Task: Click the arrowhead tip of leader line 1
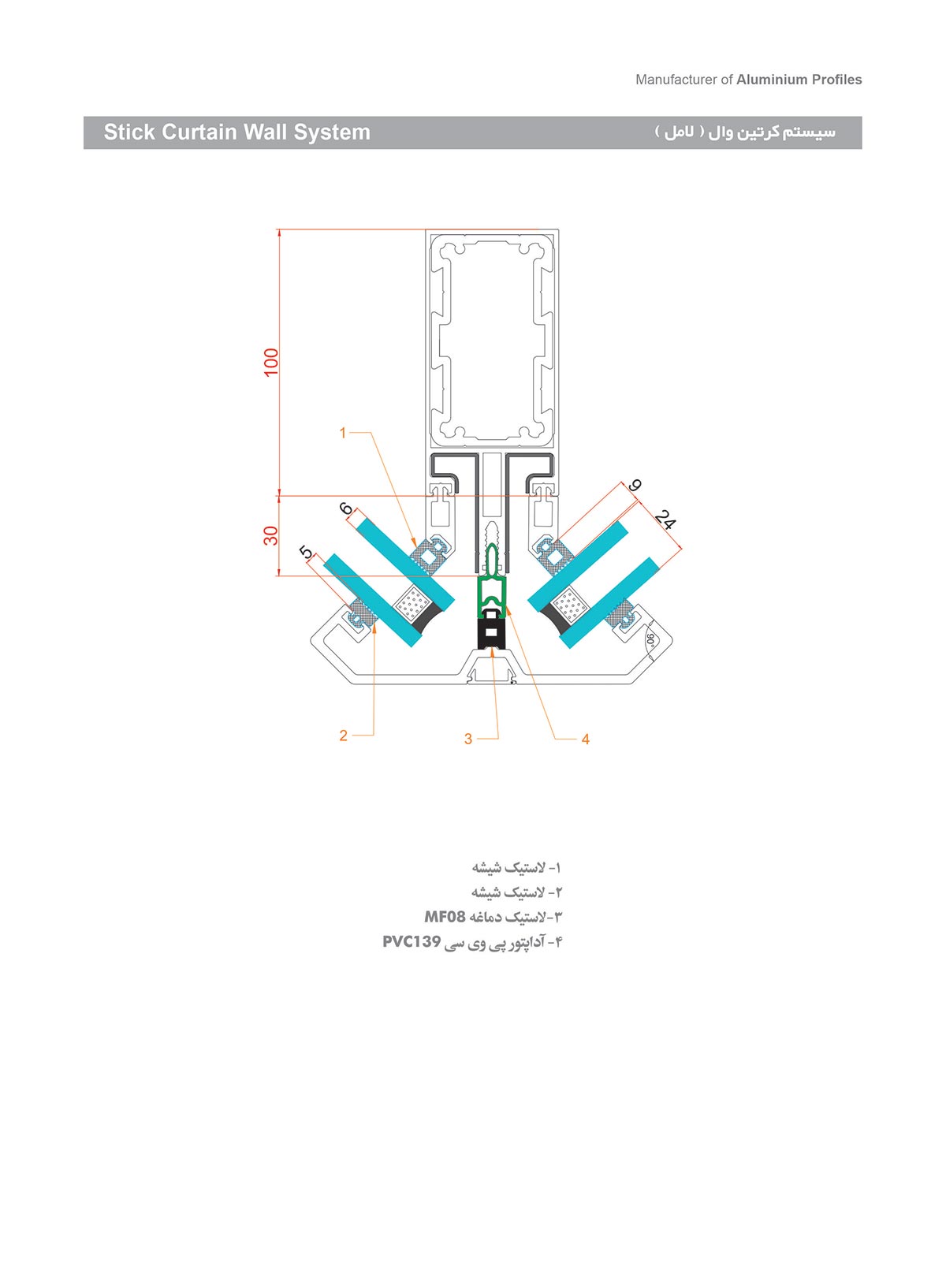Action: point(415,546)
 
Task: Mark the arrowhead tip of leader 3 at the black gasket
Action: point(492,646)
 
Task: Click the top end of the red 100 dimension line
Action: point(279,230)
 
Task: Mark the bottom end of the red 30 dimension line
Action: point(279,575)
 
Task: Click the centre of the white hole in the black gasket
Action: point(492,631)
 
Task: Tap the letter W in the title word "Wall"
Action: point(253,132)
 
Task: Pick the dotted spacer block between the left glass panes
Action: point(412,604)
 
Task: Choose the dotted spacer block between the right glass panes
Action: point(570,605)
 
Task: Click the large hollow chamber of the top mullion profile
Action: point(491,339)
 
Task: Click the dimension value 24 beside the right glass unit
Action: point(665,520)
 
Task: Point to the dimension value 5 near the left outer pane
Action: point(307,553)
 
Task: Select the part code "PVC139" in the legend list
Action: point(412,942)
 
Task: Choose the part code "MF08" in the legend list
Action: point(445,917)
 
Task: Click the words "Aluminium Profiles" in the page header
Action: point(799,80)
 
